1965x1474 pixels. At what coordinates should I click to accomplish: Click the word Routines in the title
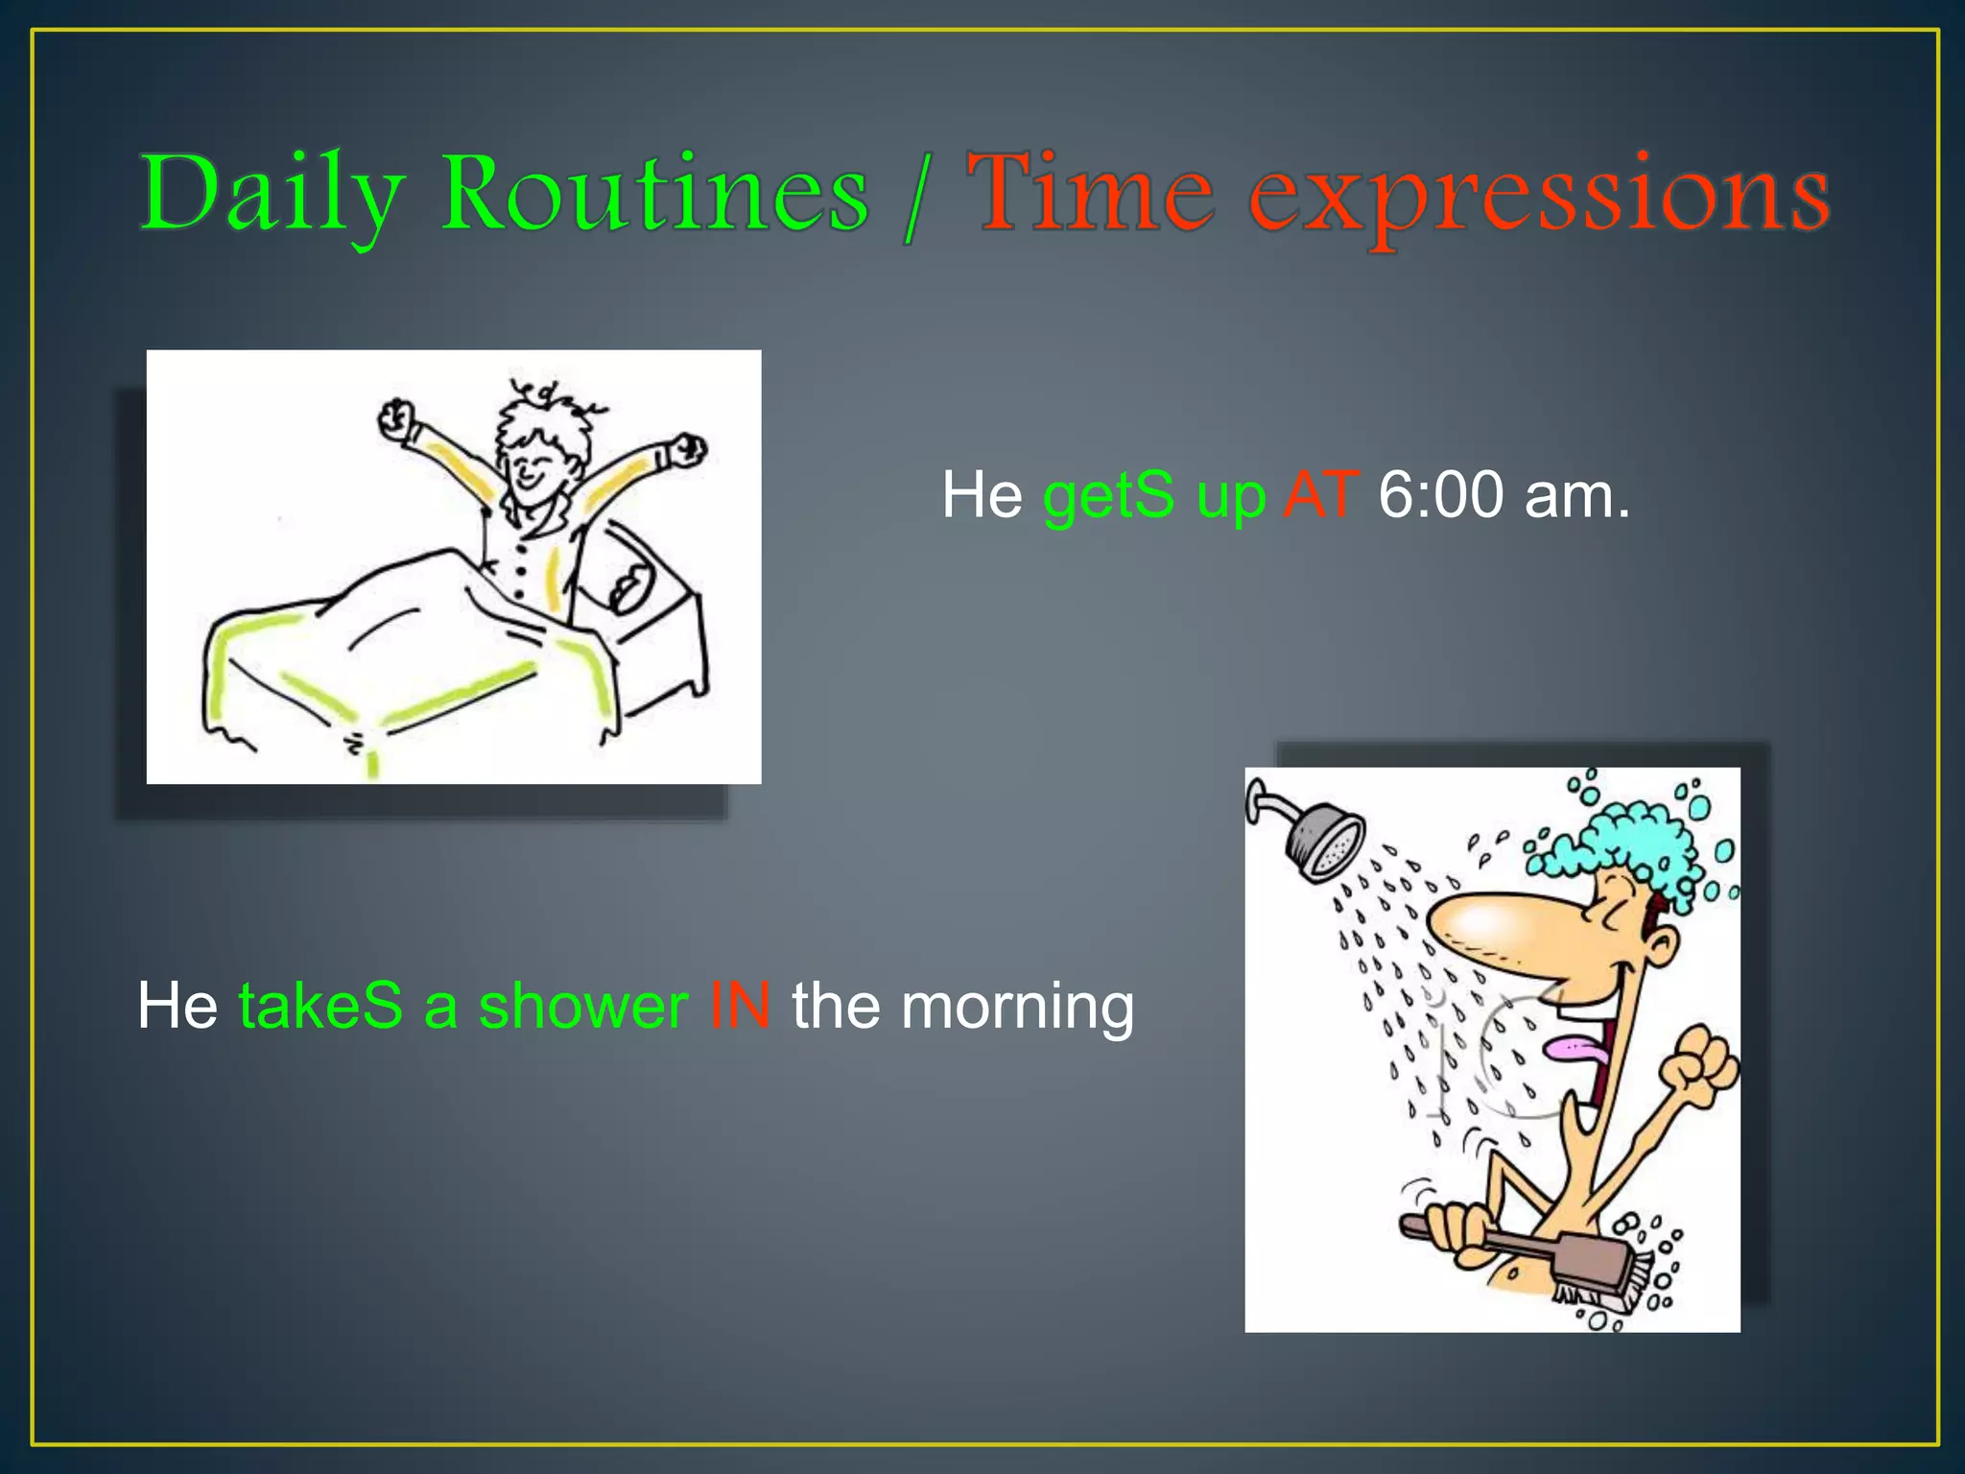click(x=654, y=194)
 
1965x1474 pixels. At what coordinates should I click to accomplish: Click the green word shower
click(x=582, y=1007)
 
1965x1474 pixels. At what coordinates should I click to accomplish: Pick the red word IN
click(x=739, y=1007)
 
